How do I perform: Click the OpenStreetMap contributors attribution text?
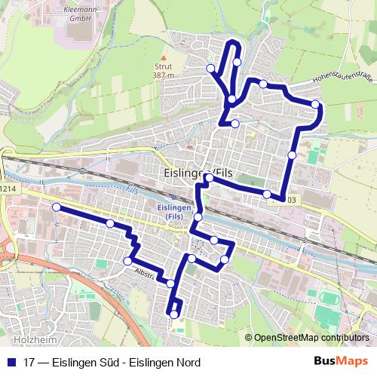click(311, 338)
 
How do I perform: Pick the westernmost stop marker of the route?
click(56, 207)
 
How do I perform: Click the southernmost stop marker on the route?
click(174, 314)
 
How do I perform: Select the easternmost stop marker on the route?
click(315, 105)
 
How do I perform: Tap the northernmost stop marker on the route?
click(237, 62)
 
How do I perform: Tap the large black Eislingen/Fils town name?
click(198, 173)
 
